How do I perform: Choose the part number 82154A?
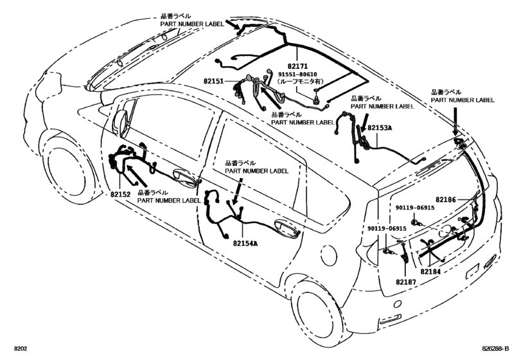point(245,243)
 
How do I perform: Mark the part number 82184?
point(433,272)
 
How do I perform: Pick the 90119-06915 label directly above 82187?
point(387,230)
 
